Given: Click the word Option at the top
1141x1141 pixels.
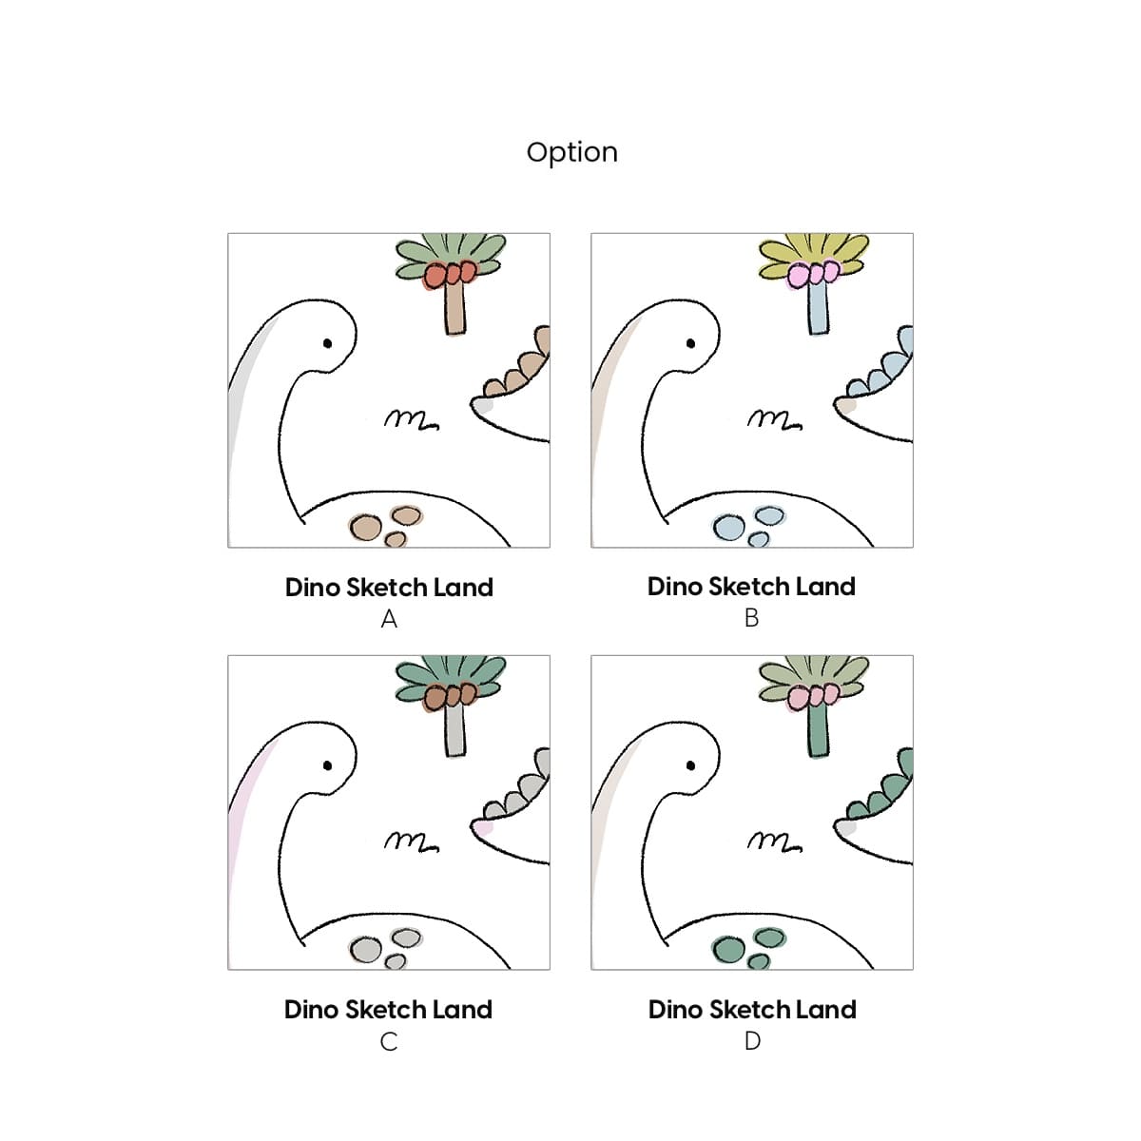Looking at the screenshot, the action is [571, 153].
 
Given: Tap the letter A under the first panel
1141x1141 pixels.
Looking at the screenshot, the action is [389, 619].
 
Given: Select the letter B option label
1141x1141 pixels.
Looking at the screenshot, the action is [751, 618].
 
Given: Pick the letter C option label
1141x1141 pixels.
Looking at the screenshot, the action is [389, 1042].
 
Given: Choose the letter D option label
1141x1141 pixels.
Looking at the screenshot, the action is [752, 1041].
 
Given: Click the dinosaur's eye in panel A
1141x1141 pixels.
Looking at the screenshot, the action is [327, 343].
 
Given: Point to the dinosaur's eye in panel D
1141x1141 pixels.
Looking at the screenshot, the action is [690, 765].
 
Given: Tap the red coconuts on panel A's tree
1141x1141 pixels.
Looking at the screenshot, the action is [451, 274].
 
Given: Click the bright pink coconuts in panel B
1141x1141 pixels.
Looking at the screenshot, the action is [814, 274].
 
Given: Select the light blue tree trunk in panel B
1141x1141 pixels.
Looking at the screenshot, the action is [818, 310].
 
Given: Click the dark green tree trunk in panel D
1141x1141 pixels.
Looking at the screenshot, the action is [818, 732].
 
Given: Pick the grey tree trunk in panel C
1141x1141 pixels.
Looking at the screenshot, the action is [454, 732].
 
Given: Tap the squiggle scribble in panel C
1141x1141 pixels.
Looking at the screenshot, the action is [412, 841].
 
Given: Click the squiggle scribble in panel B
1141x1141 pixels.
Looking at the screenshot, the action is [775, 419].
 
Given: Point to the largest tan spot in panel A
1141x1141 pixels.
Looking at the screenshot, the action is [366, 528].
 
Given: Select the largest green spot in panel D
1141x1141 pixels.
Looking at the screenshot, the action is [729, 950].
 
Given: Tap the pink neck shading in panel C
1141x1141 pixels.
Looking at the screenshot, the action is [249, 811].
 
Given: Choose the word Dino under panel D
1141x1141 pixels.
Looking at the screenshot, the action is [674, 1010].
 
